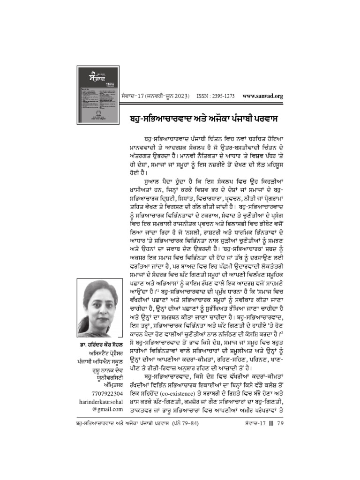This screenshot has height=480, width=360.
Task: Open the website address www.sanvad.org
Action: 263,96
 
